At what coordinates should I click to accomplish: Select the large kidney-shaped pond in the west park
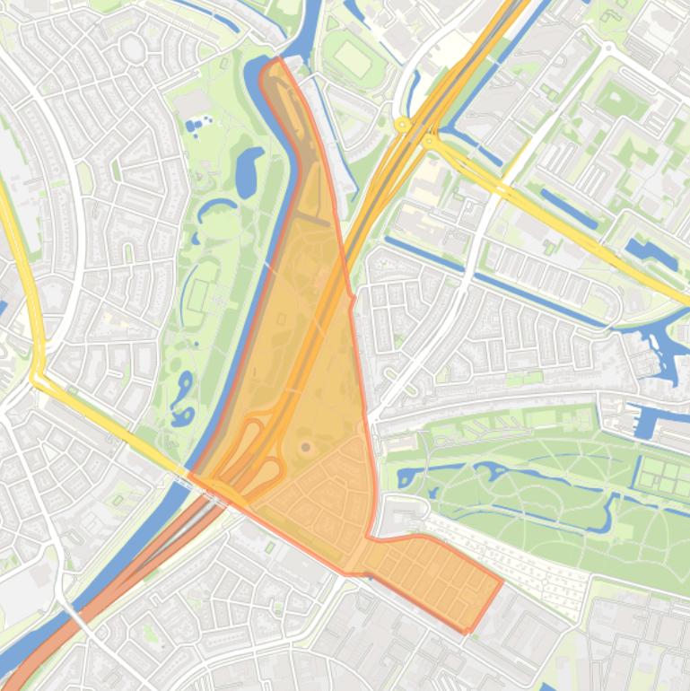coord(248,172)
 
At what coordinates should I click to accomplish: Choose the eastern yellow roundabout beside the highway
coord(429,140)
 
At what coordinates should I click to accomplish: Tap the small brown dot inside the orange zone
coord(306,446)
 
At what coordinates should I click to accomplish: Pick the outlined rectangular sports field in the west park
coord(197,294)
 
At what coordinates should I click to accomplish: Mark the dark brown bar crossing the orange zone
coord(311,217)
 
